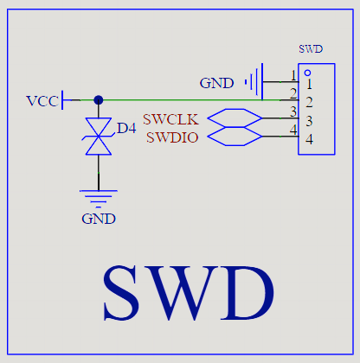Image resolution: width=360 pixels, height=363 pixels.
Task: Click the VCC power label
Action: pyautogui.click(x=42, y=101)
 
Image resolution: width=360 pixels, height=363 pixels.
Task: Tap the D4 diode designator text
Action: pyautogui.click(x=126, y=128)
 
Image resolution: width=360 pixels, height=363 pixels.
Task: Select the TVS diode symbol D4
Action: pyautogui.click(x=99, y=136)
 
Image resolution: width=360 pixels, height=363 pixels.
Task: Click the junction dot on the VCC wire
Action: pyautogui.click(x=99, y=100)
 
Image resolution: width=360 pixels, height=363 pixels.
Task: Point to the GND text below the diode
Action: pyautogui.click(x=99, y=219)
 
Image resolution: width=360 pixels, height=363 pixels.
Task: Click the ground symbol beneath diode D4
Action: pyautogui.click(x=99, y=199)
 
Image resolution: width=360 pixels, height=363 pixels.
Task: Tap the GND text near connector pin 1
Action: pyautogui.click(x=216, y=83)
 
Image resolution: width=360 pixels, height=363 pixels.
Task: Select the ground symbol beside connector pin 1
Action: pyautogui.click(x=254, y=82)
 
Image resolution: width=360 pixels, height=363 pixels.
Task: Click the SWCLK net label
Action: pyautogui.click(x=170, y=119)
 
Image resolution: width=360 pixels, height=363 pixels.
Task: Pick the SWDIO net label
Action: pyautogui.click(x=172, y=137)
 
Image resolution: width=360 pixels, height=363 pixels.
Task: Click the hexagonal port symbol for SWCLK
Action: pyautogui.click(x=235, y=118)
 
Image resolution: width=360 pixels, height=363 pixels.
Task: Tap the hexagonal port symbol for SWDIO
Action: pyautogui.click(x=235, y=137)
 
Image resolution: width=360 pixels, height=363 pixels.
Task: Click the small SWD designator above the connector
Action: pyautogui.click(x=311, y=49)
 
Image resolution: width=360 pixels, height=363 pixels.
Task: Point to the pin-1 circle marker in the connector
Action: pyautogui.click(x=307, y=73)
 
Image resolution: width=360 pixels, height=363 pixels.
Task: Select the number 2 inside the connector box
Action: pyautogui.click(x=309, y=102)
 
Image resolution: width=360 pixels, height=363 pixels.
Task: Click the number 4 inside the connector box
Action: pyautogui.click(x=309, y=139)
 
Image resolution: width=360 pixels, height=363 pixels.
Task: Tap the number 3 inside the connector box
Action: pyautogui.click(x=309, y=121)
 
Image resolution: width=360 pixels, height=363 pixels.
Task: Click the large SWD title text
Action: pyautogui.click(x=189, y=293)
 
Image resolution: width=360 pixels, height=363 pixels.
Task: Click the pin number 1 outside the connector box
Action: pyautogui.click(x=293, y=76)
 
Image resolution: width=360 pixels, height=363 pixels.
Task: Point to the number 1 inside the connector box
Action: pyautogui.click(x=309, y=84)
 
